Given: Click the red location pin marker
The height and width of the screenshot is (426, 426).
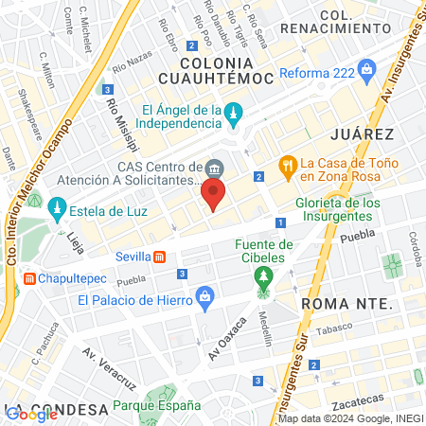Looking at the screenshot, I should (x=213, y=196).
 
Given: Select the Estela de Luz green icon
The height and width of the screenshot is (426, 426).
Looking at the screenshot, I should (x=57, y=206).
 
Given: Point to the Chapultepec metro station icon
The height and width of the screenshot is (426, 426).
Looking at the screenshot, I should (x=30, y=279).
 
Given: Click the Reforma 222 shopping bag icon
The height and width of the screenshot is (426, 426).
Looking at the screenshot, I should (x=368, y=68).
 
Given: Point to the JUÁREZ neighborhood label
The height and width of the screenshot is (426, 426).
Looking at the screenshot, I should (x=361, y=134).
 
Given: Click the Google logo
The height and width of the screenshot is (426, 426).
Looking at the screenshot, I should (x=31, y=414).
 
